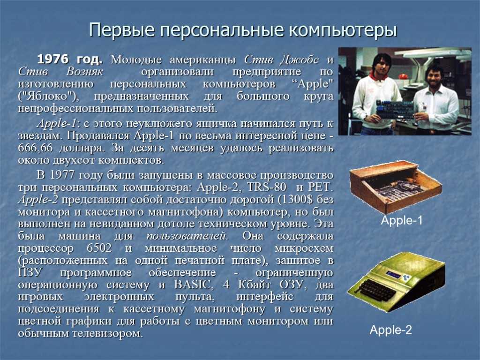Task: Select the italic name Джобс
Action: [300, 60]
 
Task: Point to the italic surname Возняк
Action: [85, 72]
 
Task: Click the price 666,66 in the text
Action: [35, 148]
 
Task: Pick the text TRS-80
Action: [267, 187]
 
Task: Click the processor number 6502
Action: [99, 248]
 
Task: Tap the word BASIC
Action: [193, 285]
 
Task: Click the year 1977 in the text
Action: [62, 175]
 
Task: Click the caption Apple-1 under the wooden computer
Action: [402, 220]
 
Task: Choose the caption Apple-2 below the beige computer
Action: [390, 330]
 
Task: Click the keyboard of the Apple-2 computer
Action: [379, 290]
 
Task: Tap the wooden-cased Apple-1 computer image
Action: [396, 187]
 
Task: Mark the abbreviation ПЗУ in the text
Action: [30, 272]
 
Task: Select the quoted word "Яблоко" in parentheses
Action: [49, 97]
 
